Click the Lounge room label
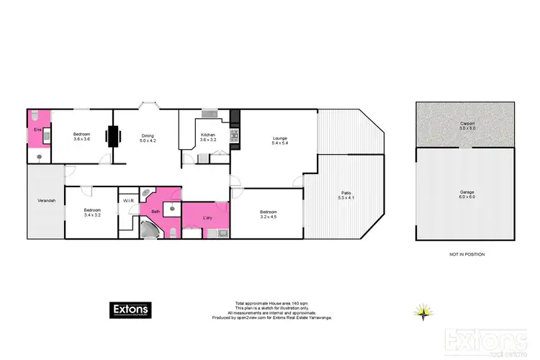(280, 138)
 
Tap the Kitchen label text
(208, 135)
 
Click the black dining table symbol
(113, 135)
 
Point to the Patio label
(346, 192)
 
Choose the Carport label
(467, 124)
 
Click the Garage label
(467, 193)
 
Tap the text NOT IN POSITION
(466, 255)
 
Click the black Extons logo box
(131, 310)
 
